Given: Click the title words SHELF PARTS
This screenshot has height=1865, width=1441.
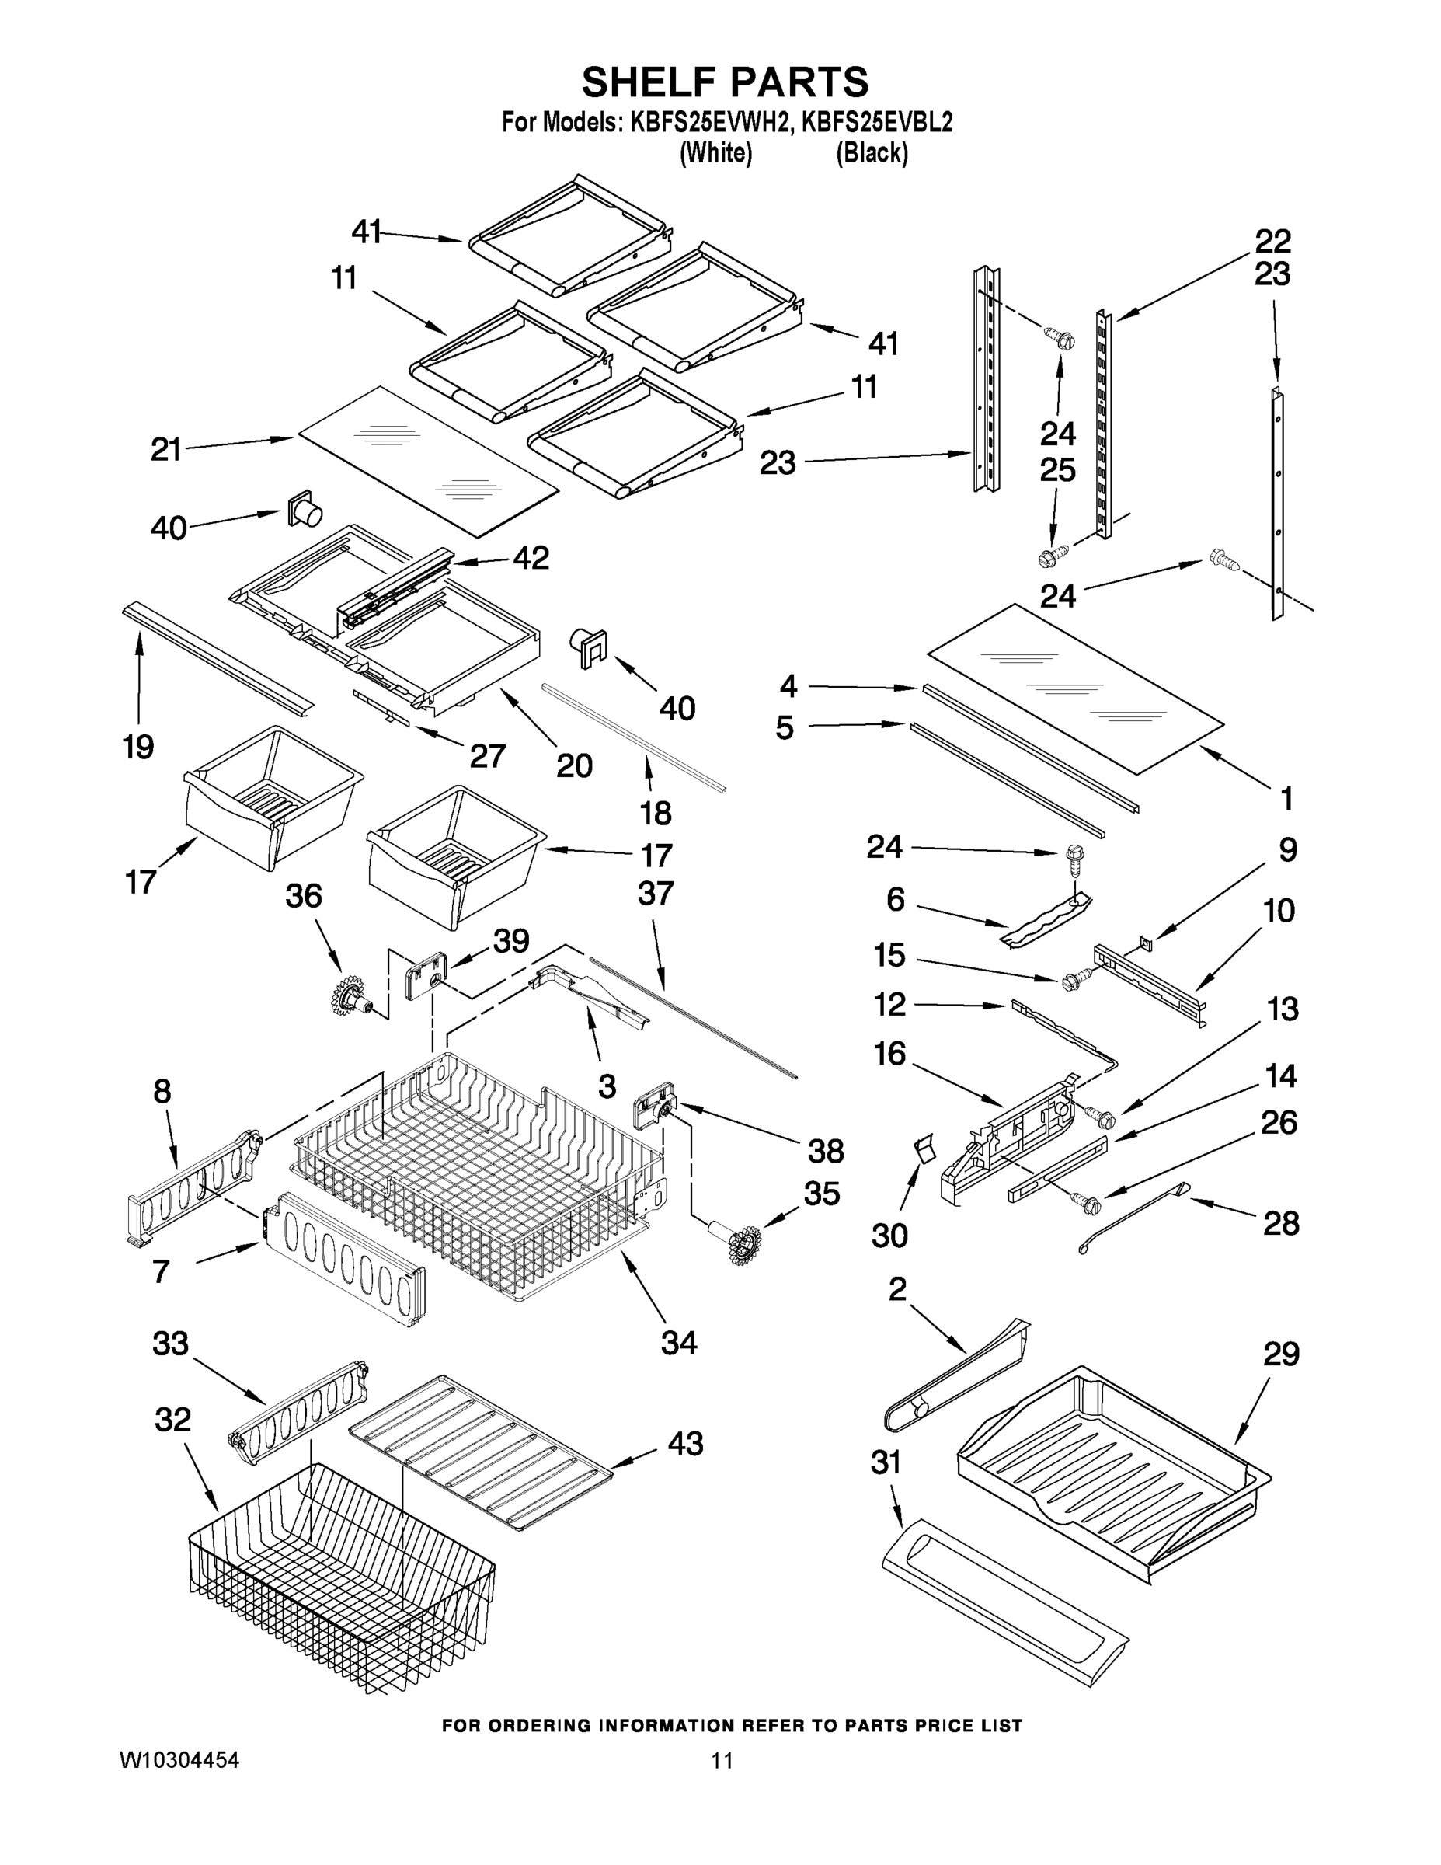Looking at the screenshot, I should pyautogui.click(x=725, y=83).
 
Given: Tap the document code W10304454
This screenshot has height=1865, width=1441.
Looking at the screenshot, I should pyautogui.click(x=179, y=1760).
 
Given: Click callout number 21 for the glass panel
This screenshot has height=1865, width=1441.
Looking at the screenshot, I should pyautogui.click(x=166, y=449).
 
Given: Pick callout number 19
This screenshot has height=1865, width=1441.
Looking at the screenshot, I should pyautogui.click(x=138, y=748).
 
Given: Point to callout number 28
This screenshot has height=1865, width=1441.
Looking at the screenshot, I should pyautogui.click(x=1280, y=1224).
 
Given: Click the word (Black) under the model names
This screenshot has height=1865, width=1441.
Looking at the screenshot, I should pyautogui.click(x=872, y=153).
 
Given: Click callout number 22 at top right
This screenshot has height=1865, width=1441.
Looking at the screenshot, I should pyautogui.click(x=1272, y=242).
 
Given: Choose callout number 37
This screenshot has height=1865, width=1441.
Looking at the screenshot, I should pyautogui.click(x=655, y=893).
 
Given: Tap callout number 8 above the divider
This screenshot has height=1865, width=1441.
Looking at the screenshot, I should pyautogui.click(x=162, y=1091).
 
